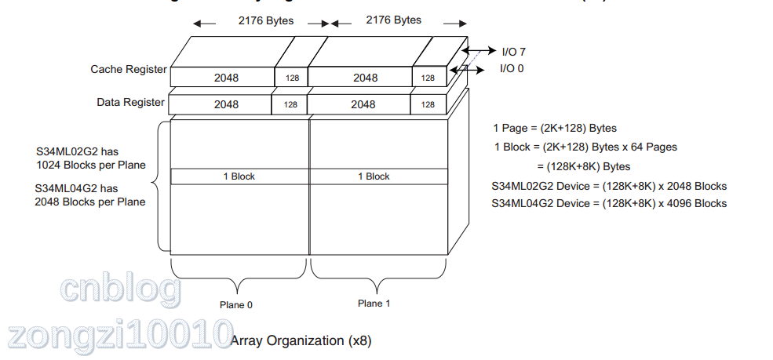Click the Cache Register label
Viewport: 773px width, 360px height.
click(x=129, y=69)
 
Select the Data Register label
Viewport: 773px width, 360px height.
click(x=131, y=102)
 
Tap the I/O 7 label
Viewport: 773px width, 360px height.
click(x=513, y=52)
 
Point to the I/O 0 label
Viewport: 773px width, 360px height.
click(x=512, y=69)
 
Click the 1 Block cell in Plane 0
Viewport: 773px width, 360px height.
click(x=239, y=176)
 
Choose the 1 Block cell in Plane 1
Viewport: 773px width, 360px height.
click(x=374, y=176)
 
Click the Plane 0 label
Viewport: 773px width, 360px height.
click(x=236, y=305)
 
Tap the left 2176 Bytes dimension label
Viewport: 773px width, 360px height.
click(x=266, y=20)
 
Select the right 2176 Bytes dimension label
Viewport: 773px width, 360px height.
click(x=393, y=20)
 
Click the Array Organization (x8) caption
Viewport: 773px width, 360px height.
click(x=301, y=341)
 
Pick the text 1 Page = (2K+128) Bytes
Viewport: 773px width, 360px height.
click(x=555, y=128)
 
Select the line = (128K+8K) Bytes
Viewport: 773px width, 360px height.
click(x=584, y=166)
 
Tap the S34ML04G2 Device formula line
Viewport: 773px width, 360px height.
click(x=608, y=204)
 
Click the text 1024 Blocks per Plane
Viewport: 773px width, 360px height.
click(x=91, y=165)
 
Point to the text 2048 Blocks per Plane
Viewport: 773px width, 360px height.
click(x=90, y=202)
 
